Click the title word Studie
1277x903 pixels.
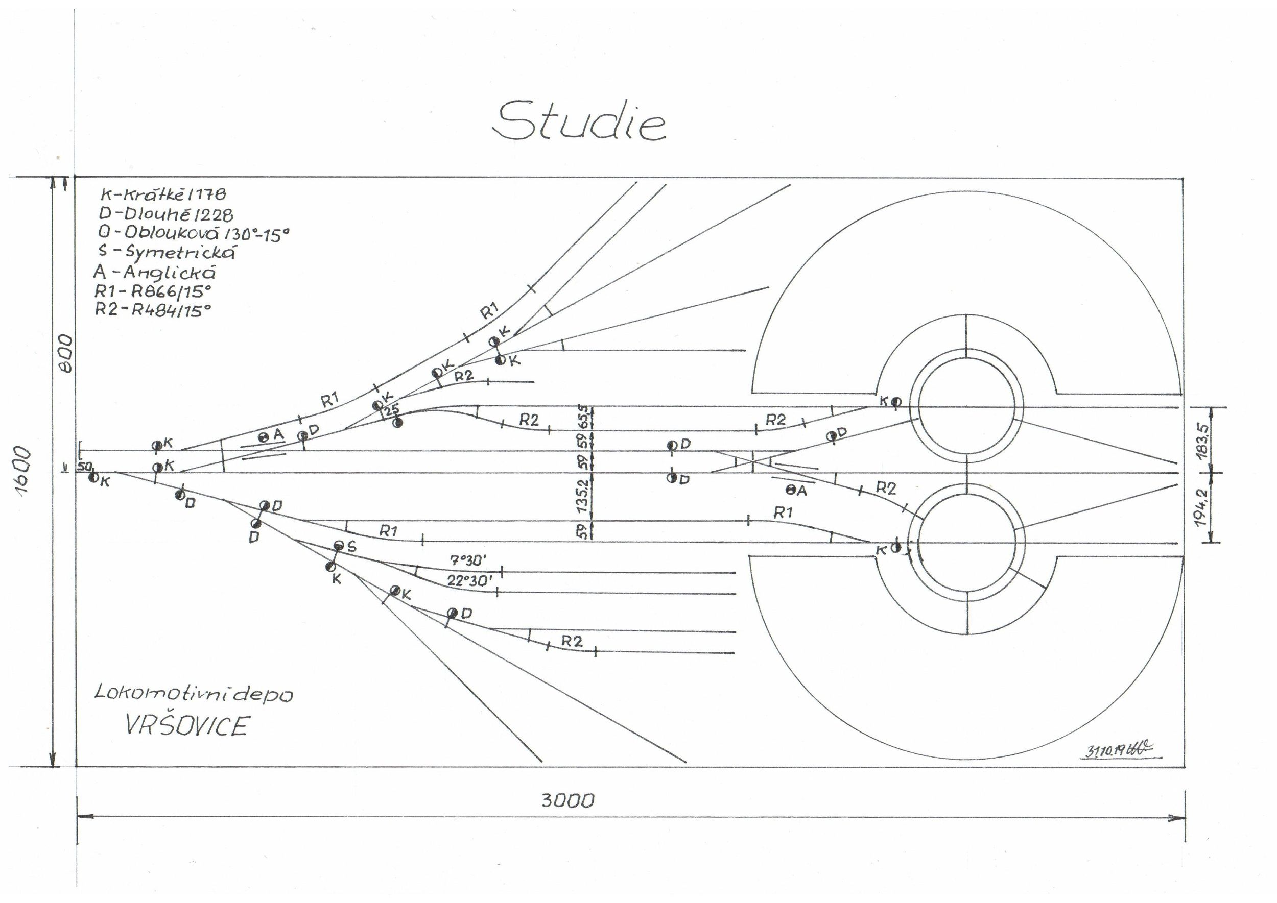(x=579, y=120)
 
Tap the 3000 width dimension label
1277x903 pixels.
(x=567, y=801)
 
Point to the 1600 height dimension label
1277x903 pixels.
(x=25, y=471)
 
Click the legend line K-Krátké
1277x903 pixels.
(x=163, y=194)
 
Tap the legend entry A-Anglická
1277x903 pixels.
(x=154, y=273)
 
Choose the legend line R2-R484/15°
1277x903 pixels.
(x=153, y=310)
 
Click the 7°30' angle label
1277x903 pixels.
(x=468, y=560)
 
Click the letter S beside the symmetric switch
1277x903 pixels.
(x=351, y=547)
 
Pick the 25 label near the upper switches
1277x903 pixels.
(x=392, y=410)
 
